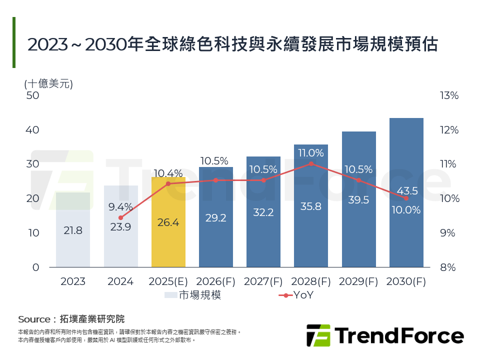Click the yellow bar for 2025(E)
coord(168,222)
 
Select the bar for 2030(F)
coord(406,192)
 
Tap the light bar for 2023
coord(73,230)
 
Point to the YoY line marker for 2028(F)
coord(311,163)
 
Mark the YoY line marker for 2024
coord(121,218)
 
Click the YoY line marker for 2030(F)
coord(406,198)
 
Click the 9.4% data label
coord(121,206)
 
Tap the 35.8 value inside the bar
coord(311,206)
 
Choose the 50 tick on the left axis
coord(32,95)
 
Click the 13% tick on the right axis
coord(448,95)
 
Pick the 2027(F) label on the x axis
coord(263,282)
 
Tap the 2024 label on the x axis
coord(120,282)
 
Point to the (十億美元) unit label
coord(48,83)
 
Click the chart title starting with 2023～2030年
coord(232,44)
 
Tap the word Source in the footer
coord(34,319)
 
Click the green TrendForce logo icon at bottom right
coord(318,335)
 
